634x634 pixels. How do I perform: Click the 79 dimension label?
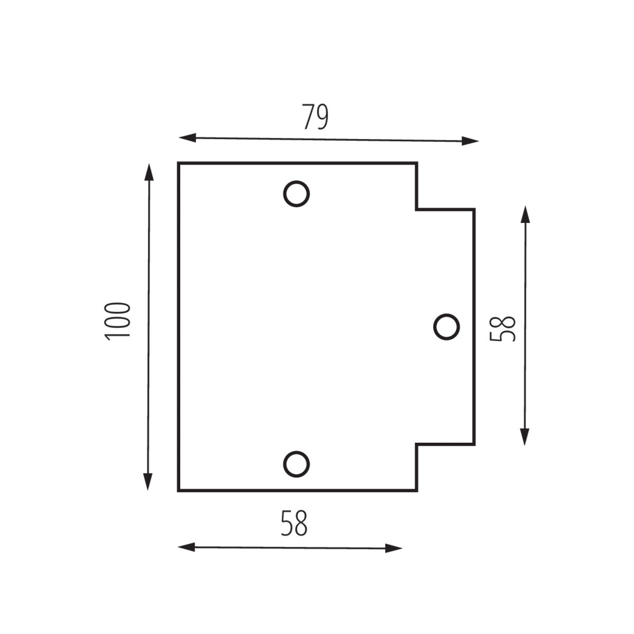tap(315, 117)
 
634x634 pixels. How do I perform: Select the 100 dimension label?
tap(117, 321)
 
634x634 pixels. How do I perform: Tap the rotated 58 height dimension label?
tap(502, 328)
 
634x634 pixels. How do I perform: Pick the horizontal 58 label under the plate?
tap(294, 523)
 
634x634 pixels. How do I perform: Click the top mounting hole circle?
tap(296, 194)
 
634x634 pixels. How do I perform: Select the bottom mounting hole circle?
tap(296, 464)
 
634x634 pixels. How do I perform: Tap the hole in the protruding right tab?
tap(446, 326)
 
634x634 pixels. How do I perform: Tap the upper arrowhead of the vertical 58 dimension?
tap(525, 215)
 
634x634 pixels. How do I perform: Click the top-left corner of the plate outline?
tap(179, 164)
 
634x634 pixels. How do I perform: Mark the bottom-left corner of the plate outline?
tap(179, 491)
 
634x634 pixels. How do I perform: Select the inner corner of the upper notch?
tap(417, 209)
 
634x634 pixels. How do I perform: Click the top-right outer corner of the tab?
tap(474, 209)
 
